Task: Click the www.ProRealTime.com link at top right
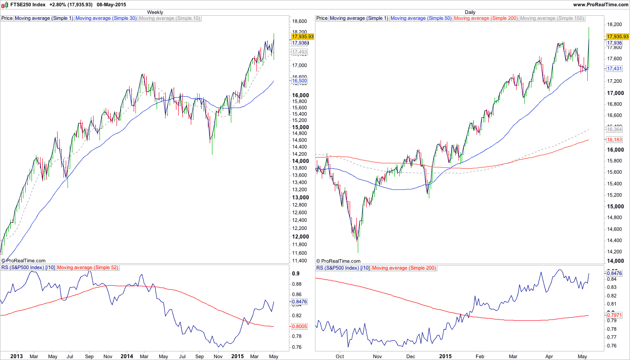[600, 4]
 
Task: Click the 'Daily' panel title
[470, 12]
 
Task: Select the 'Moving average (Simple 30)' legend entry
[106, 18]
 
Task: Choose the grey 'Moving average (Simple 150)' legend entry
[552, 18]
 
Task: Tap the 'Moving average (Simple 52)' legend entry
[88, 268]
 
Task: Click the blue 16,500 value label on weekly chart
[299, 81]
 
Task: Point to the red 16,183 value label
[614, 140]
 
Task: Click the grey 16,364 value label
[614, 130]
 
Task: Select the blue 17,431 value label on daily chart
[614, 68]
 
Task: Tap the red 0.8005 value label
[299, 326]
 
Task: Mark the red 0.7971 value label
[614, 315]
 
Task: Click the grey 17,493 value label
[299, 52]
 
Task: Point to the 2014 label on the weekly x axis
[126, 356]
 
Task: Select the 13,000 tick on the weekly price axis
[300, 198]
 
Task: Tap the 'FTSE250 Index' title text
[28, 4]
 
